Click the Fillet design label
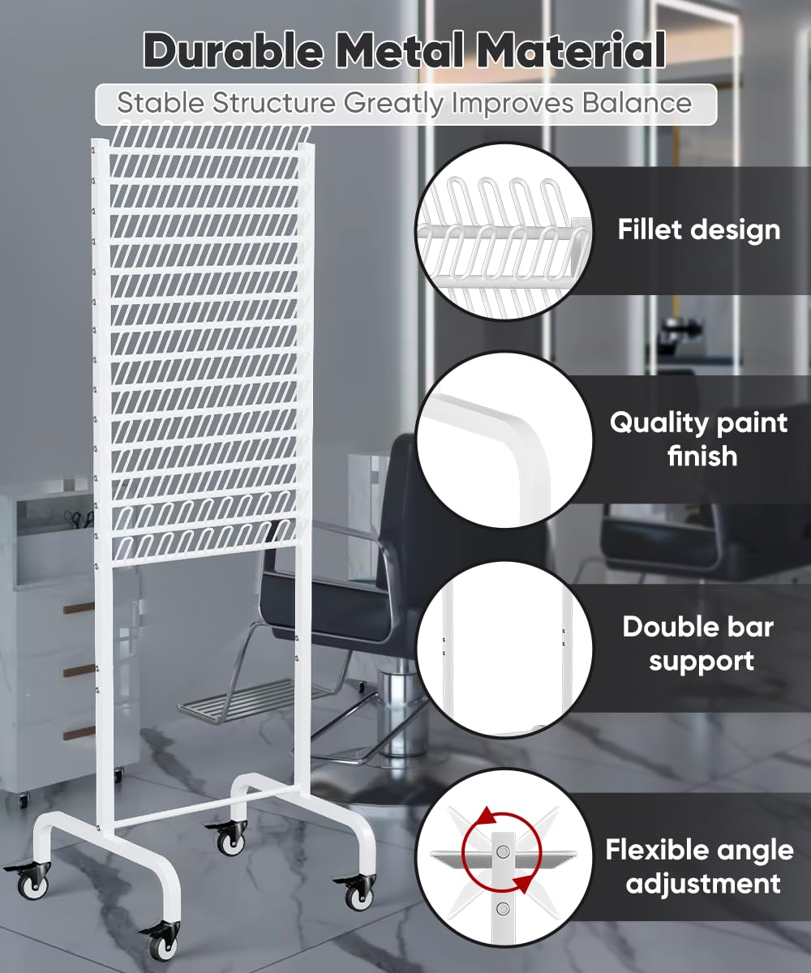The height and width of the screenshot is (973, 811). (698, 229)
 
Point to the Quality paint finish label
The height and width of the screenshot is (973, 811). (698, 439)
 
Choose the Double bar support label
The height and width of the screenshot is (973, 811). (698, 644)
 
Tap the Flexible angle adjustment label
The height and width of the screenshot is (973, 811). (698, 866)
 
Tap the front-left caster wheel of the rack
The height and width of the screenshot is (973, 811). (156, 941)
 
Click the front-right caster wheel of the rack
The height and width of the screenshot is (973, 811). (357, 892)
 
